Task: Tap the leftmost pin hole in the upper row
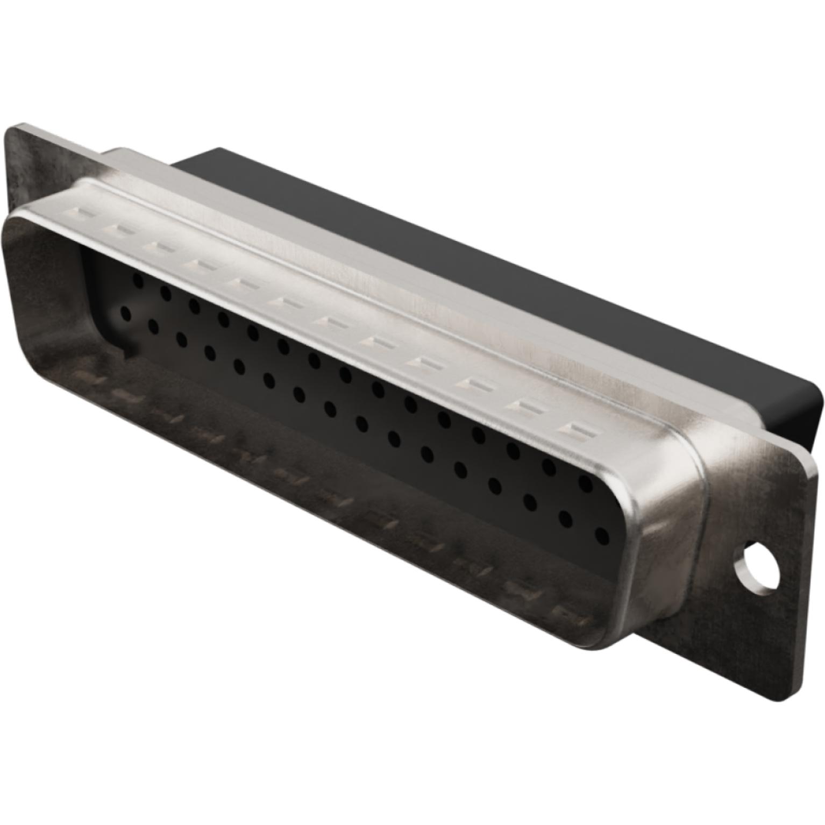point(138,280)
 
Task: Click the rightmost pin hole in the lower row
point(602,536)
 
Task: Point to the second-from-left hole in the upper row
point(166,293)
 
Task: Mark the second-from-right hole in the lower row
point(566,518)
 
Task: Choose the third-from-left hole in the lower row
point(181,339)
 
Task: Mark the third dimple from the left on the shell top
point(158,245)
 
